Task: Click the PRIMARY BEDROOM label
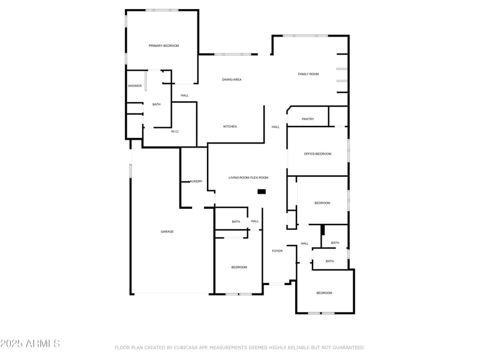tap(164, 46)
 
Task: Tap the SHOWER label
tap(134, 86)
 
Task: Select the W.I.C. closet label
tap(175, 131)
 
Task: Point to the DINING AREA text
tap(232, 79)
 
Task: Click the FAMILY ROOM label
tap(308, 74)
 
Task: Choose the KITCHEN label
tap(230, 127)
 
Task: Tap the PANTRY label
tap(308, 119)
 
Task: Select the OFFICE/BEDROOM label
tap(317, 154)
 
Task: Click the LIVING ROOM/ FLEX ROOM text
tap(248, 178)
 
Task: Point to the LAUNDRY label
tap(196, 181)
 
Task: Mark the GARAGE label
tap(167, 232)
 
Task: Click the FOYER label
tap(277, 251)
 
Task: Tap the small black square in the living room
tap(262, 191)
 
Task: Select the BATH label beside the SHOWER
tap(156, 104)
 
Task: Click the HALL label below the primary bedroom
tap(184, 95)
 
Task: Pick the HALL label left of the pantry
tap(275, 127)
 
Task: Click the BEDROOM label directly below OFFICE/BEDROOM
tap(322, 203)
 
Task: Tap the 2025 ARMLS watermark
tap(30, 344)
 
